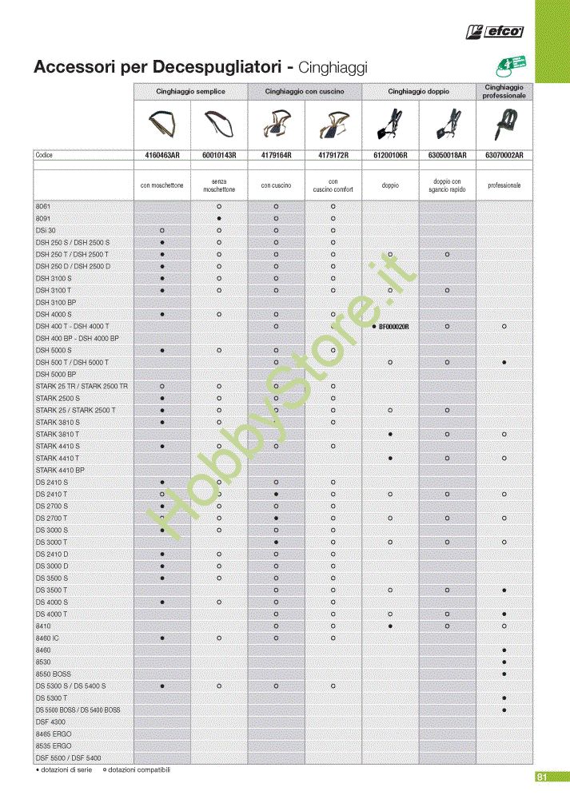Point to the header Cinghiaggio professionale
coord(504,91)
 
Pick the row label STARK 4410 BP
coord(60,471)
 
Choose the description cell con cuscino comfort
coord(333,185)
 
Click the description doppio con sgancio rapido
coord(448,185)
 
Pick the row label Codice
coord(43,155)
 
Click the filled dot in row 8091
coord(219,218)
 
